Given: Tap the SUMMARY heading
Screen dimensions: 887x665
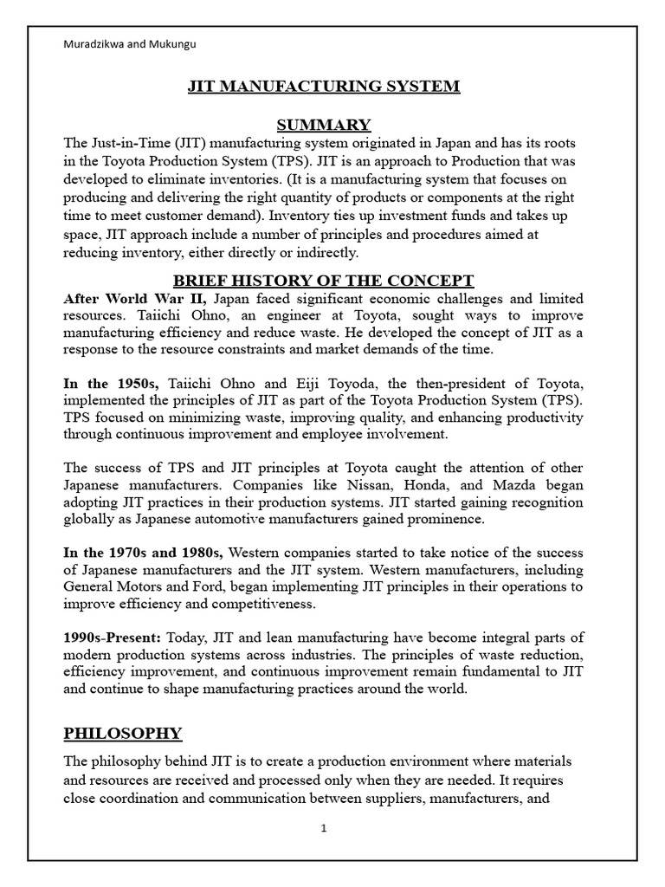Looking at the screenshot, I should [x=324, y=125].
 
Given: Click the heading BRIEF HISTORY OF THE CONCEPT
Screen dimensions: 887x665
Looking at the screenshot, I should [x=324, y=280].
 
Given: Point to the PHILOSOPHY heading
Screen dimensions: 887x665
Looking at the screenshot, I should [x=123, y=734].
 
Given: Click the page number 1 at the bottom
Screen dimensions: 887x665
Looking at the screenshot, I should [x=324, y=828].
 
